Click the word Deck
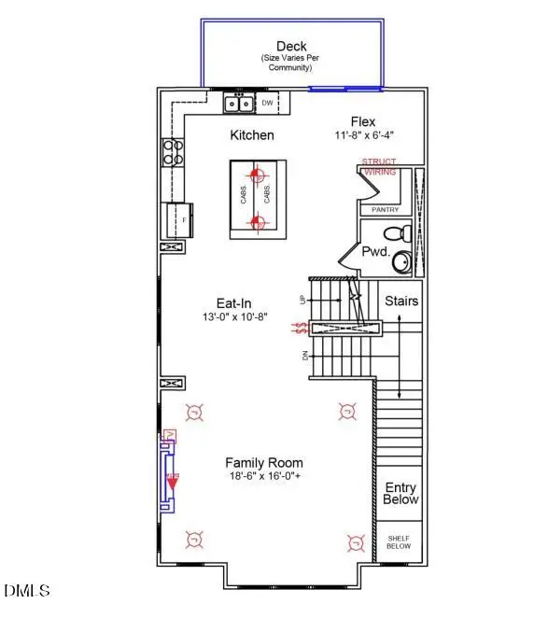point(292,46)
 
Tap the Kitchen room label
point(252,135)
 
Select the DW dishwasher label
point(267,103)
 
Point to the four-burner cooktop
point(174,152)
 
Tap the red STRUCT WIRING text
point(379,167)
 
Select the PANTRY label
point(385,210)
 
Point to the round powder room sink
point(401,262)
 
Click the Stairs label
point(401,302)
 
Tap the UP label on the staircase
point(302,300)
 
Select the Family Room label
point(264,463)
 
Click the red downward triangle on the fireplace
point(173,484)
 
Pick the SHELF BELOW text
point(399,542)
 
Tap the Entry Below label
point(400,494)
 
